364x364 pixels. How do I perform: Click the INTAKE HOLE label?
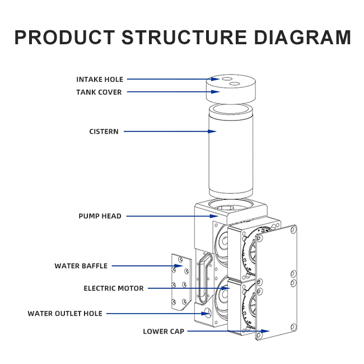[x=100, y=80]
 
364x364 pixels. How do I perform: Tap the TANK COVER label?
[x=99, y=92]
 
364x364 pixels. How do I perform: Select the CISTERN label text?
[x=104, y=132]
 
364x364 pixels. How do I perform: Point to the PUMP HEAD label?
[x=100, y=216]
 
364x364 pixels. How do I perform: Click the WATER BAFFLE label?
[x=81, y=266]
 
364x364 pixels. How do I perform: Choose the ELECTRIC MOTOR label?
[x=114, y=288]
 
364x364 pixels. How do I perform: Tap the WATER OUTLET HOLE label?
[x=65, y=314]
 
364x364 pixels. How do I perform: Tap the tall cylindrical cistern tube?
[x=231, y=152]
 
